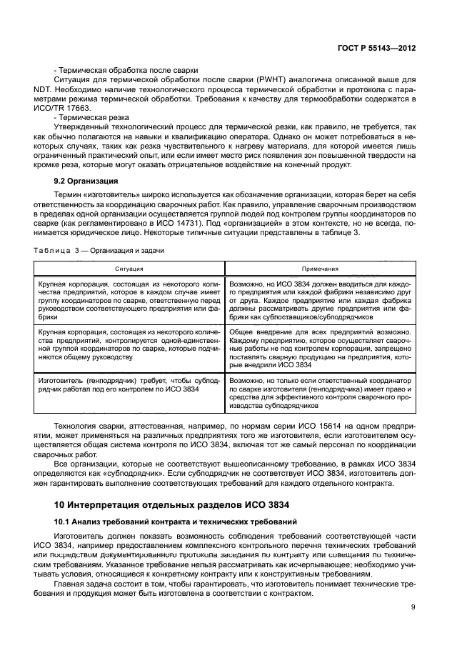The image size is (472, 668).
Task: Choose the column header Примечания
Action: coord(319,269)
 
